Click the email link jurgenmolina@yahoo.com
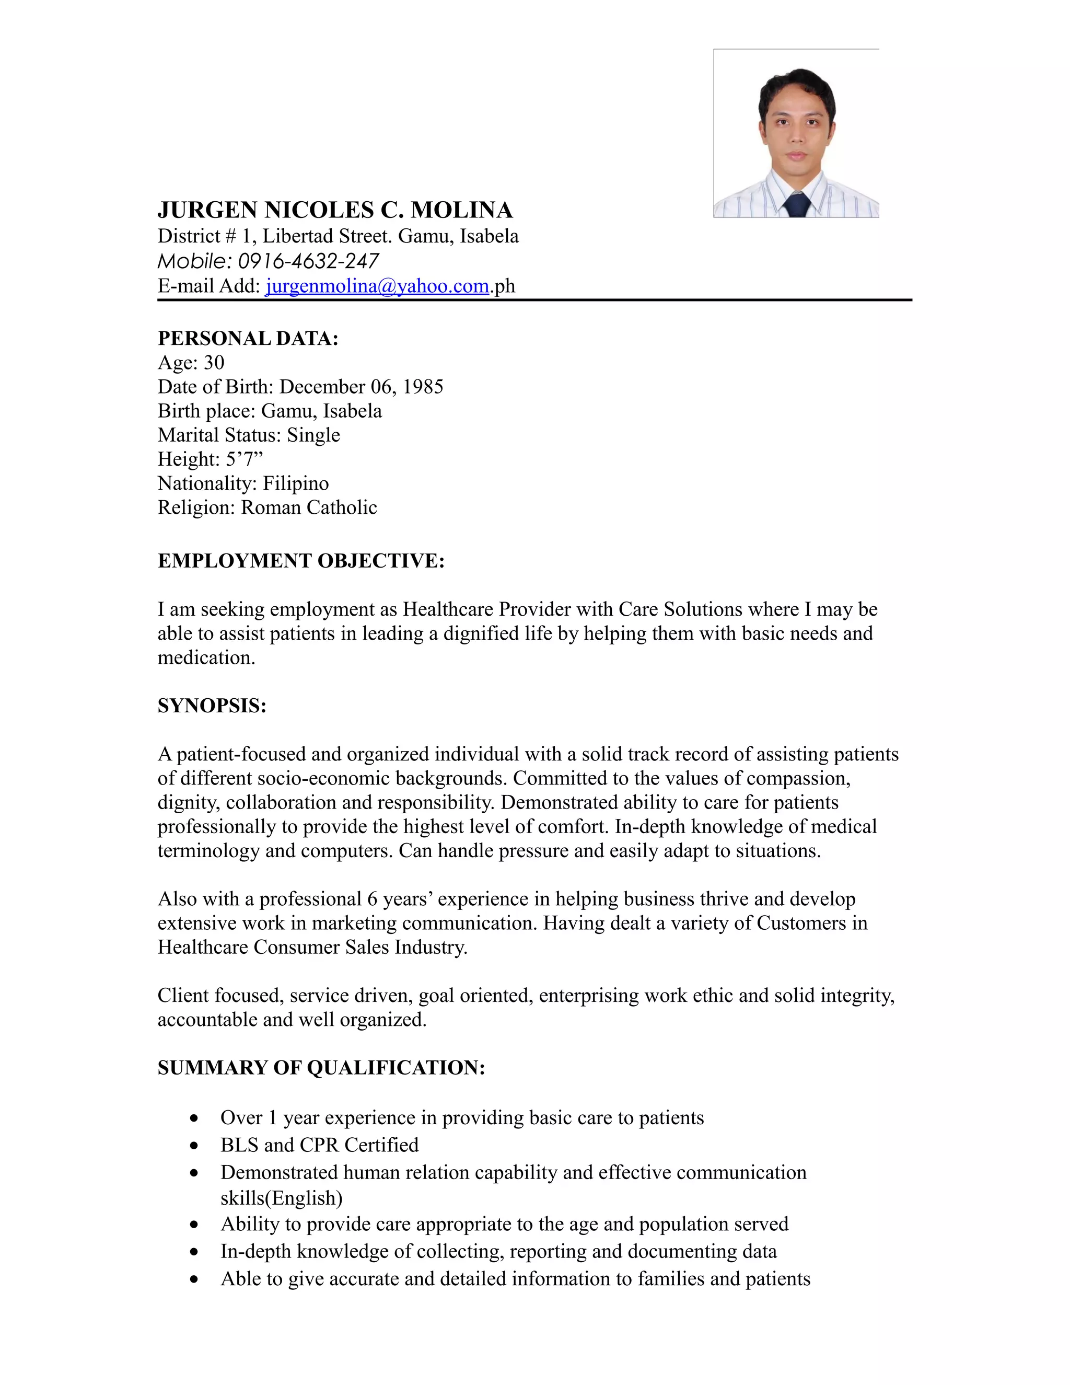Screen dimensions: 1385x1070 click(x=377, y=286)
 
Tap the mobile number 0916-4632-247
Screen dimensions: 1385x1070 click(x=308, y=261)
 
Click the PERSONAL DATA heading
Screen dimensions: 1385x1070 click(x=248, y=339)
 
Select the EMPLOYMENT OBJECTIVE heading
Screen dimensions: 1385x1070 click(x=301, y=561)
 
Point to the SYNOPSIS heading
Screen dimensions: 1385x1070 click(x=212, y=706)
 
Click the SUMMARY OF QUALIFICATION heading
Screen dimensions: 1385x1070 click(x=321, y=1068)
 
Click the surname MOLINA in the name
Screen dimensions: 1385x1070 click(x=461, y=211)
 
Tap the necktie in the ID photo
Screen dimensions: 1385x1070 click(x=796, y=205)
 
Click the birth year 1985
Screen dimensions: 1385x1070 click(x=423, y=387)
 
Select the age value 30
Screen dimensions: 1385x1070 click(x=214, y=363)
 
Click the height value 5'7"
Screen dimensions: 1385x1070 click(x=244, y=459)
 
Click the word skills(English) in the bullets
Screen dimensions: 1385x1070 click(x=282, y=1198)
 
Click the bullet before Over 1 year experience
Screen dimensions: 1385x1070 click(x=194, y=1118)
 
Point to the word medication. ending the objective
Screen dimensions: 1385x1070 click(x=206, y=658)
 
